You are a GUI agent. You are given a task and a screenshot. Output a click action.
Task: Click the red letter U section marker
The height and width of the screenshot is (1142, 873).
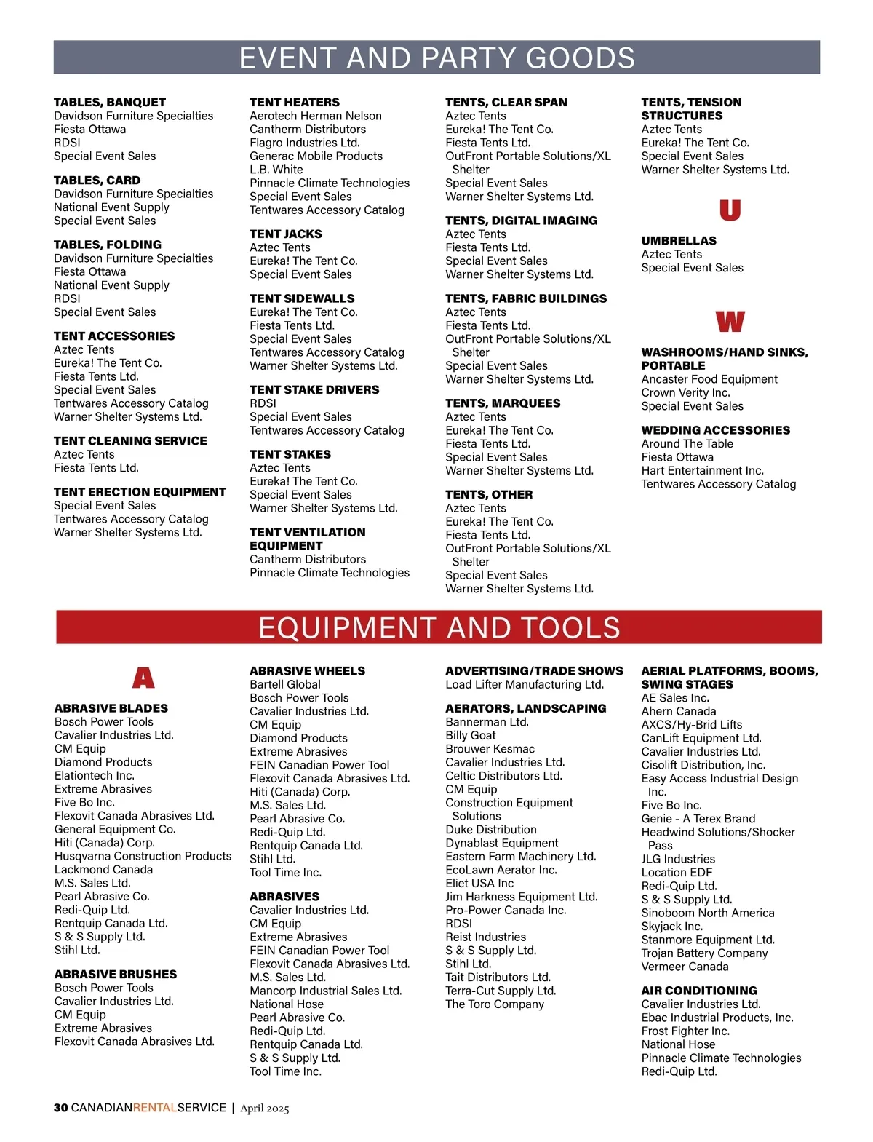pyautogui.click(x=730, y=210)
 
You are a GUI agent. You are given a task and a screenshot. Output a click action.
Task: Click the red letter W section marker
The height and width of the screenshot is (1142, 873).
pyautogui.click(x=730, y=322)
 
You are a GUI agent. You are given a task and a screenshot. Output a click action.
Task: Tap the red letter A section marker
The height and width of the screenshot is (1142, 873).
pyautogui.click(x=143, y=678)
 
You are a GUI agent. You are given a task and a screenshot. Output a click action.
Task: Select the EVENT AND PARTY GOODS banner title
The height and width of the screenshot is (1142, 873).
pyautogui.click(x=436, y=58)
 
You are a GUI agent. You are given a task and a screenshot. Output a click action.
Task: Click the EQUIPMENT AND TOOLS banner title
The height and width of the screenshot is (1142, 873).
pyautogui.click(x=439, y=628)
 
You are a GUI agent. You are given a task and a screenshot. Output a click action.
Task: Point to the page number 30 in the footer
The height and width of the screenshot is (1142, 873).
pyautogui.click(x=60, y=1108)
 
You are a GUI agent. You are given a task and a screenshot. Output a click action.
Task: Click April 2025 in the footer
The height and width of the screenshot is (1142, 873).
pyautogui.click(x=265, y=1109)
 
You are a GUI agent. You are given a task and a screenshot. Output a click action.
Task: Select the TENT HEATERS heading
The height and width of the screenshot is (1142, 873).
pyautogui.click(x=295, y=103)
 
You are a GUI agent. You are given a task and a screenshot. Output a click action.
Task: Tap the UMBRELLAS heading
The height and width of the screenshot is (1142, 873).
pyautogui.click(x=679, y=241)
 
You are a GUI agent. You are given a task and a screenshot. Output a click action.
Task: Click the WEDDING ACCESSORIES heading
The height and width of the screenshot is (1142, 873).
pyautogui.click(x=715, y=430)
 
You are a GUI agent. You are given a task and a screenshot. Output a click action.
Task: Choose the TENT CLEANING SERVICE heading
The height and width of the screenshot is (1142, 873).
pyautogui.click(x=130, y=441)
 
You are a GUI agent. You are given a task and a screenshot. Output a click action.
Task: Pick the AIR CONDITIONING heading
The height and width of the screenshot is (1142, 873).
pyautogui.click(x=698, y=991)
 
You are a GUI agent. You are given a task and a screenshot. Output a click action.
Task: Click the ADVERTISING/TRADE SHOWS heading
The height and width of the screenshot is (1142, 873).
pyautogui.click(x=534, y=671)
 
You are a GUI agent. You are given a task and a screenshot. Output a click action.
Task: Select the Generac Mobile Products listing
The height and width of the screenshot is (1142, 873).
pyautogui.click(x=316, y=156)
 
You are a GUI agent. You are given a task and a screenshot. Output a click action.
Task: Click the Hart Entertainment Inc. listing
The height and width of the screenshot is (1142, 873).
pyautogui.click(x=702, y=471)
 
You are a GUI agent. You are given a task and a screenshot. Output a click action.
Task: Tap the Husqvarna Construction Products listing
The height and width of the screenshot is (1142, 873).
pyautogui.click(x=143, y=856)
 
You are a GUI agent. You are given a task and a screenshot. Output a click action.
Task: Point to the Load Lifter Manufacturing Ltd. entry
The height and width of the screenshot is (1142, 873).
pyautogui.click(x=525, y=684)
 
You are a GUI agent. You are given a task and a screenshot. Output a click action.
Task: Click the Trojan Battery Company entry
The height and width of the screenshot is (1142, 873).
pyautogui.click(x=704, y=953)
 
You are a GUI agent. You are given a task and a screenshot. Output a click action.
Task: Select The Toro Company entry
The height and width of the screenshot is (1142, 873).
pyautogui.click(x=495, y=1004)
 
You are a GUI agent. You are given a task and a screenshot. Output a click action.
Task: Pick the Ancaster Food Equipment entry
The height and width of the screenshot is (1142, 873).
pyautogui.click(x=709, y=379)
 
